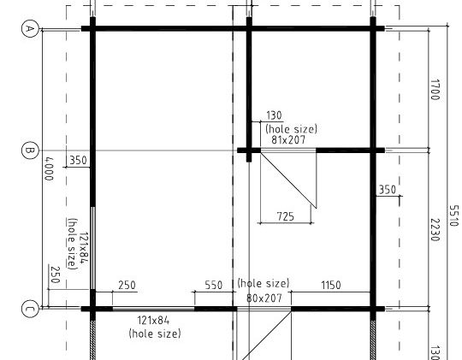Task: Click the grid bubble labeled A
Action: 30,28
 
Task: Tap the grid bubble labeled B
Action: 30,150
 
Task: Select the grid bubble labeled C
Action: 30,309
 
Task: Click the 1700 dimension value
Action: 435,90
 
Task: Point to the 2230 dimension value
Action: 435,230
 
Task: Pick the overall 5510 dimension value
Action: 453,215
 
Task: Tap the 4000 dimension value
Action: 49,168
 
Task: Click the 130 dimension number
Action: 274,115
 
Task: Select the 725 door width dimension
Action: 286,217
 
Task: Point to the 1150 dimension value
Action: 331,285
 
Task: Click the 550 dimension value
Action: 214,285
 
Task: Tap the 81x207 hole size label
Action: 288,139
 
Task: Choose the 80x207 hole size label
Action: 264,298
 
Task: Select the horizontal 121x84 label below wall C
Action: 153,320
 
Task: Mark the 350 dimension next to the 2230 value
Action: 388,190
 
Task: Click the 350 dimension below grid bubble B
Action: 78,161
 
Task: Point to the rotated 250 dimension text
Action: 56,274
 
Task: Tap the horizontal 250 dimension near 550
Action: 127,285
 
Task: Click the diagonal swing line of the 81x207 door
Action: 288,180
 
